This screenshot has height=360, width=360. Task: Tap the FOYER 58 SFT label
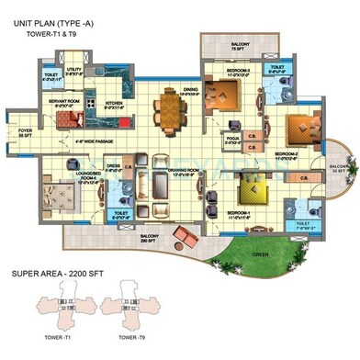(24, 131)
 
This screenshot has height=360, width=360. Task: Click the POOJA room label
(231, 141)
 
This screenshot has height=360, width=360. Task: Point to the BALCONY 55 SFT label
(338, 168)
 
